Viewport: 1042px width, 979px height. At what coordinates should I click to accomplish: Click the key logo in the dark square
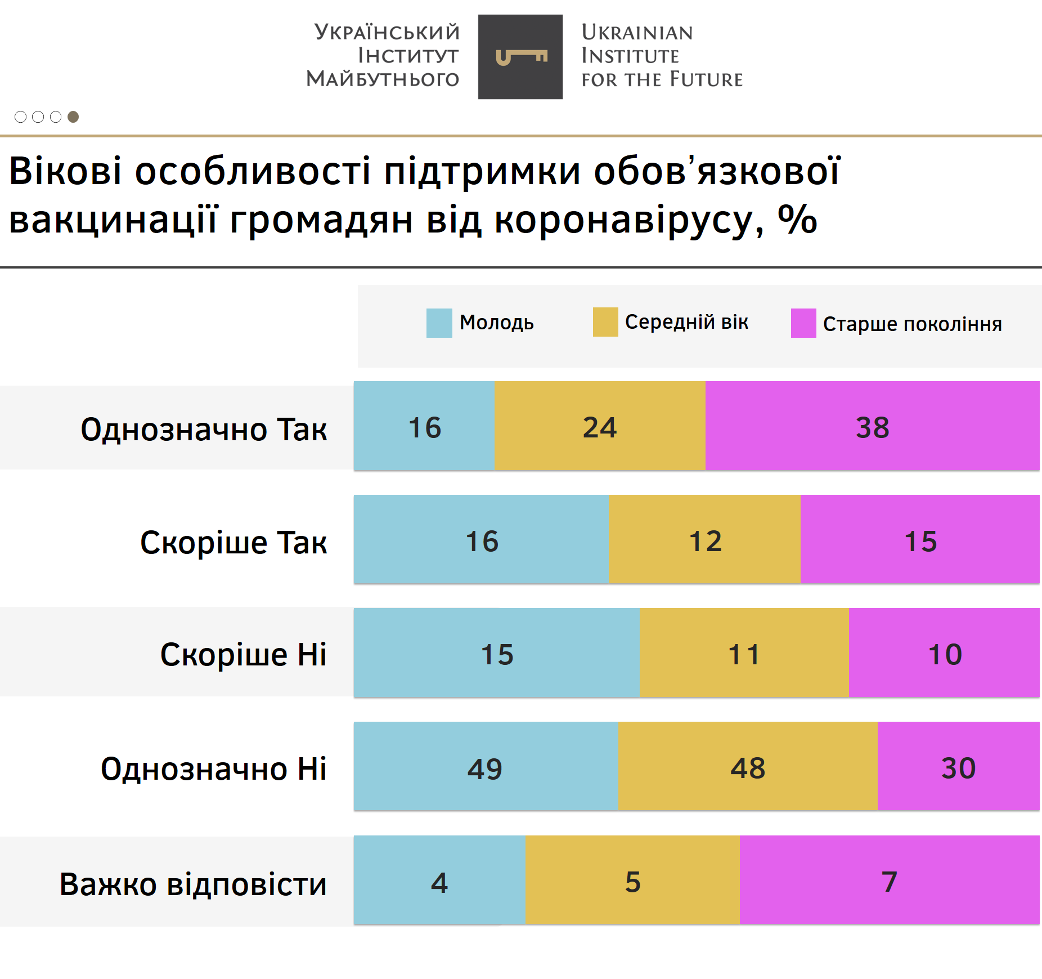click(520, 57)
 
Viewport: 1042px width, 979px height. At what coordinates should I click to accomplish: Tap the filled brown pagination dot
click(73, 117)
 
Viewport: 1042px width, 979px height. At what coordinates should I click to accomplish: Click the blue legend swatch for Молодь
click(439, 323)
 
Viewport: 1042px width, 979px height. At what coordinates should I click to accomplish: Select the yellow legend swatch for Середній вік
click(605, 322)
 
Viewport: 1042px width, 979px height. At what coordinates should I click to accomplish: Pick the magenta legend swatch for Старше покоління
click(803, 323)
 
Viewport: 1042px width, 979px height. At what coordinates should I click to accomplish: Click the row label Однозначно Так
click(204, 430)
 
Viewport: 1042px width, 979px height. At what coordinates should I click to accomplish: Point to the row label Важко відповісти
click(193, 884)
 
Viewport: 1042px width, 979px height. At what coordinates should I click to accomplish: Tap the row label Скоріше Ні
click(243, 654)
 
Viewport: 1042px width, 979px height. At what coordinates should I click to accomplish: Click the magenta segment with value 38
click(872, 426)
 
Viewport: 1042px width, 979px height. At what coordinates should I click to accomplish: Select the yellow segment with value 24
click(600, 426)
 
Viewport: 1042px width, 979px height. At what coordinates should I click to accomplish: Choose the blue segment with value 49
click(486, 767)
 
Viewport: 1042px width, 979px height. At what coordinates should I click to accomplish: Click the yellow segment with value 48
click(748, 767)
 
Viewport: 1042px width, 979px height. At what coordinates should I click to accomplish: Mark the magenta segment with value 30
click(958, 767)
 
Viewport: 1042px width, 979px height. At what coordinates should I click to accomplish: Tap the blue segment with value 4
click(439, 880)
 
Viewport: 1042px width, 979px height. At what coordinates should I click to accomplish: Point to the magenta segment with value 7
click(889, 880)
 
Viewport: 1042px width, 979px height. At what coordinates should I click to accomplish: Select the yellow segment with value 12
click(704, 540)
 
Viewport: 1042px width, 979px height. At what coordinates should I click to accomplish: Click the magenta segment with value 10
click(944, 653)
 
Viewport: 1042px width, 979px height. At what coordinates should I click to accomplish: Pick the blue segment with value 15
click(497, 653)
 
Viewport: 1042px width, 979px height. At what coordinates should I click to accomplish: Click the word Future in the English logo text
click(706, 80)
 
